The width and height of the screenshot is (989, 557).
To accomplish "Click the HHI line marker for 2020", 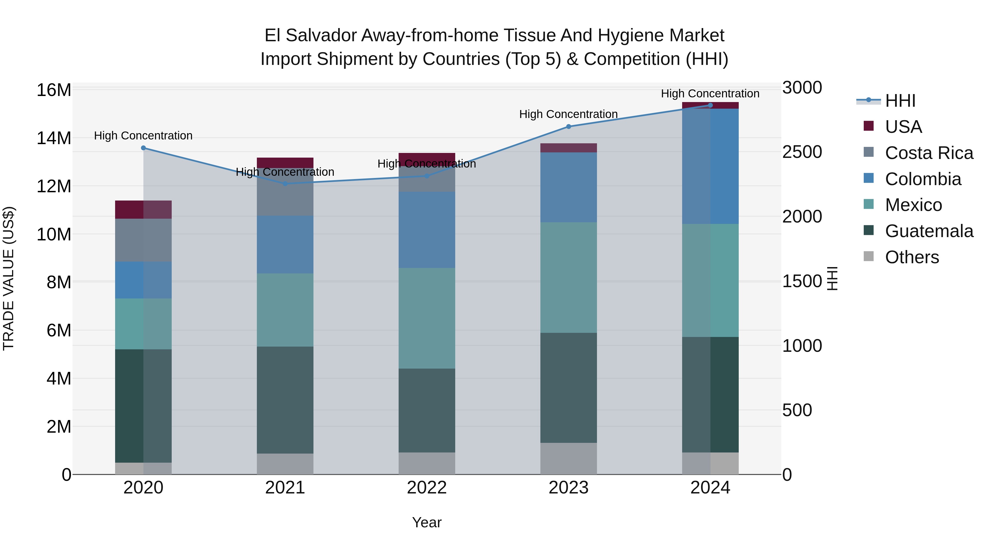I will click(x=143, y=148).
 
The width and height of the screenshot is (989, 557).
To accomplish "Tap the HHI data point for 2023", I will click(x=569, y=127).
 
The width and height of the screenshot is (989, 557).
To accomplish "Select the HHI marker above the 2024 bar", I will click(x=710, y=105).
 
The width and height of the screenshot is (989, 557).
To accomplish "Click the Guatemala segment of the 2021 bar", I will click(x=285, y=400).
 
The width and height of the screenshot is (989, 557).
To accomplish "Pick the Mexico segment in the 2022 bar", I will click(x=427, y=318).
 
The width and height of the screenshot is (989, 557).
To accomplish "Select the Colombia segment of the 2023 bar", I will click(x=569, y=187).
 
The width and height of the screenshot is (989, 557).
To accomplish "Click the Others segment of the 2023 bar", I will click(x=569, y=458).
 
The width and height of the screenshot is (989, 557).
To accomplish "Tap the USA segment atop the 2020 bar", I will click(x=143, y=210).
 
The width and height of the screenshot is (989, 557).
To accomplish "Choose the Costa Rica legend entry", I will click(x=929, y=153).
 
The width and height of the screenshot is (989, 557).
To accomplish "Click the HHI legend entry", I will click(x=900, y=101).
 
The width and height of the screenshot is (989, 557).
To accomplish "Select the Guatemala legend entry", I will click(x=929, y=231).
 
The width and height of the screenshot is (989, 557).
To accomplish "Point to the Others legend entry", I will click(x=912, y=257).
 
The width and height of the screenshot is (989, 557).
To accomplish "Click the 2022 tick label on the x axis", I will click(x=427, y=488).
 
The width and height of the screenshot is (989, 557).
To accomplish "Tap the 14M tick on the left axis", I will click(x=54, y=138).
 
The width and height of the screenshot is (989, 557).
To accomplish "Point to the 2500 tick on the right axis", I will click(x=802, y=152).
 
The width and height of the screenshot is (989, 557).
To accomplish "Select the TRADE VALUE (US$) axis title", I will click(x=9, y=278).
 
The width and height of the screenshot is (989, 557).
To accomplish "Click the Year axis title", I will click(x=427, y=522).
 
